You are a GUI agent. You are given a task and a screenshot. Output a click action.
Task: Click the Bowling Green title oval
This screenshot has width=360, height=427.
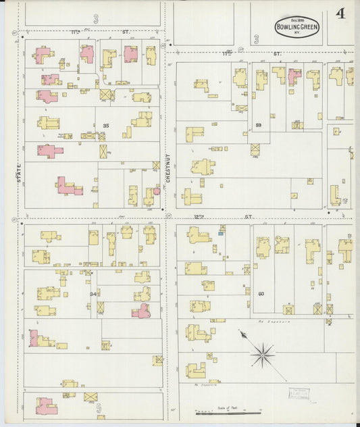[x=297, y=26]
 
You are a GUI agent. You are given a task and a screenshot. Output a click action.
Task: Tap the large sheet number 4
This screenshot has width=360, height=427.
[x=340, y=14]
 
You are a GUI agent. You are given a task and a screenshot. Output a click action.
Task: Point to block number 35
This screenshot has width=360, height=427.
[x=106, y=126]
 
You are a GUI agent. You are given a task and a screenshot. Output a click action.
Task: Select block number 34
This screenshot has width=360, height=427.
[x=94, y=294]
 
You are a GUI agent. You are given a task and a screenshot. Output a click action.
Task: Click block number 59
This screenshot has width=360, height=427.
[x=259, y=125]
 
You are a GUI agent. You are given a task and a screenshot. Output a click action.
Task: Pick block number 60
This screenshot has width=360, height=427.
[x=261, y=293]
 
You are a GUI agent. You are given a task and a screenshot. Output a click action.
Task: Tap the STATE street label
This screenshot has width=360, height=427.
[x=18, y=174]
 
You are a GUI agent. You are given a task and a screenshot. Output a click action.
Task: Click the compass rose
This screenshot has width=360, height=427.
[x=263, y=351]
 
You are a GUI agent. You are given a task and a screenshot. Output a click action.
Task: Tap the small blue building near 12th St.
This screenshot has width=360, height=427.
[x=221, y=234]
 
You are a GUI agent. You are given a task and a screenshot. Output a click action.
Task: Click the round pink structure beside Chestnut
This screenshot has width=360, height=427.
[x=157, y=191]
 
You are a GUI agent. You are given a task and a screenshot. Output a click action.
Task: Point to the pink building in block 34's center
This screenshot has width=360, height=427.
[x=142, y=311]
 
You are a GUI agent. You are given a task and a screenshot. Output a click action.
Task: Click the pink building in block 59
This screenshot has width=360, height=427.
[x=294, y=76]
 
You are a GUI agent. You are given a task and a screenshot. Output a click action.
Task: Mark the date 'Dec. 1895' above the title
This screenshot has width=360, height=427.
[x=297, y=17]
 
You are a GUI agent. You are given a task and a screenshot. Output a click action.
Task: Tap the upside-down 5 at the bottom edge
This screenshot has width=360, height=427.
[x=98, y=409]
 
